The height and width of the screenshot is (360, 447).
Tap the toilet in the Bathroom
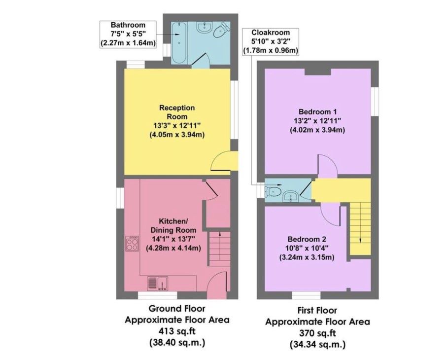click(x=222, y=30)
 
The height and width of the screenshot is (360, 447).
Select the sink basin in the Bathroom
click(x=205, y=27)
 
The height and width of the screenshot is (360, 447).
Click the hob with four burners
click(x=132, y=244)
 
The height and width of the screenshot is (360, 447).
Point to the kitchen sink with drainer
click(x=158, y=283)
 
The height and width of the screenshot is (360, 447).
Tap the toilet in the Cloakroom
click(x=273, y=191)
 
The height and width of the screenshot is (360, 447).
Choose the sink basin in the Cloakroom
click(x=291, y=197)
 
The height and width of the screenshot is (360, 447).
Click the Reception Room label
click(x=177, y=112)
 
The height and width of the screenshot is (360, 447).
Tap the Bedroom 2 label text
click(x=307, y=239)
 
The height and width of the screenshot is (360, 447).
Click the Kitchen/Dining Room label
click(x=173, y=225)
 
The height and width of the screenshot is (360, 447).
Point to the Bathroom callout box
click(x=128, y=34)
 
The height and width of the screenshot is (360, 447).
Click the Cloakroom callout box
click(x=270, y=41)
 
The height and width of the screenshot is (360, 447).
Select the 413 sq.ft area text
click(x=177, y=331)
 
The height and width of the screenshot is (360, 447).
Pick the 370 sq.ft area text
click(x=317, y=333)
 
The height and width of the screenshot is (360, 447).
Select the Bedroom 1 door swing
click(x=328, y=164)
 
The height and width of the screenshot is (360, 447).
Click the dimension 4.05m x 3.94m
click(x=177, y=135)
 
